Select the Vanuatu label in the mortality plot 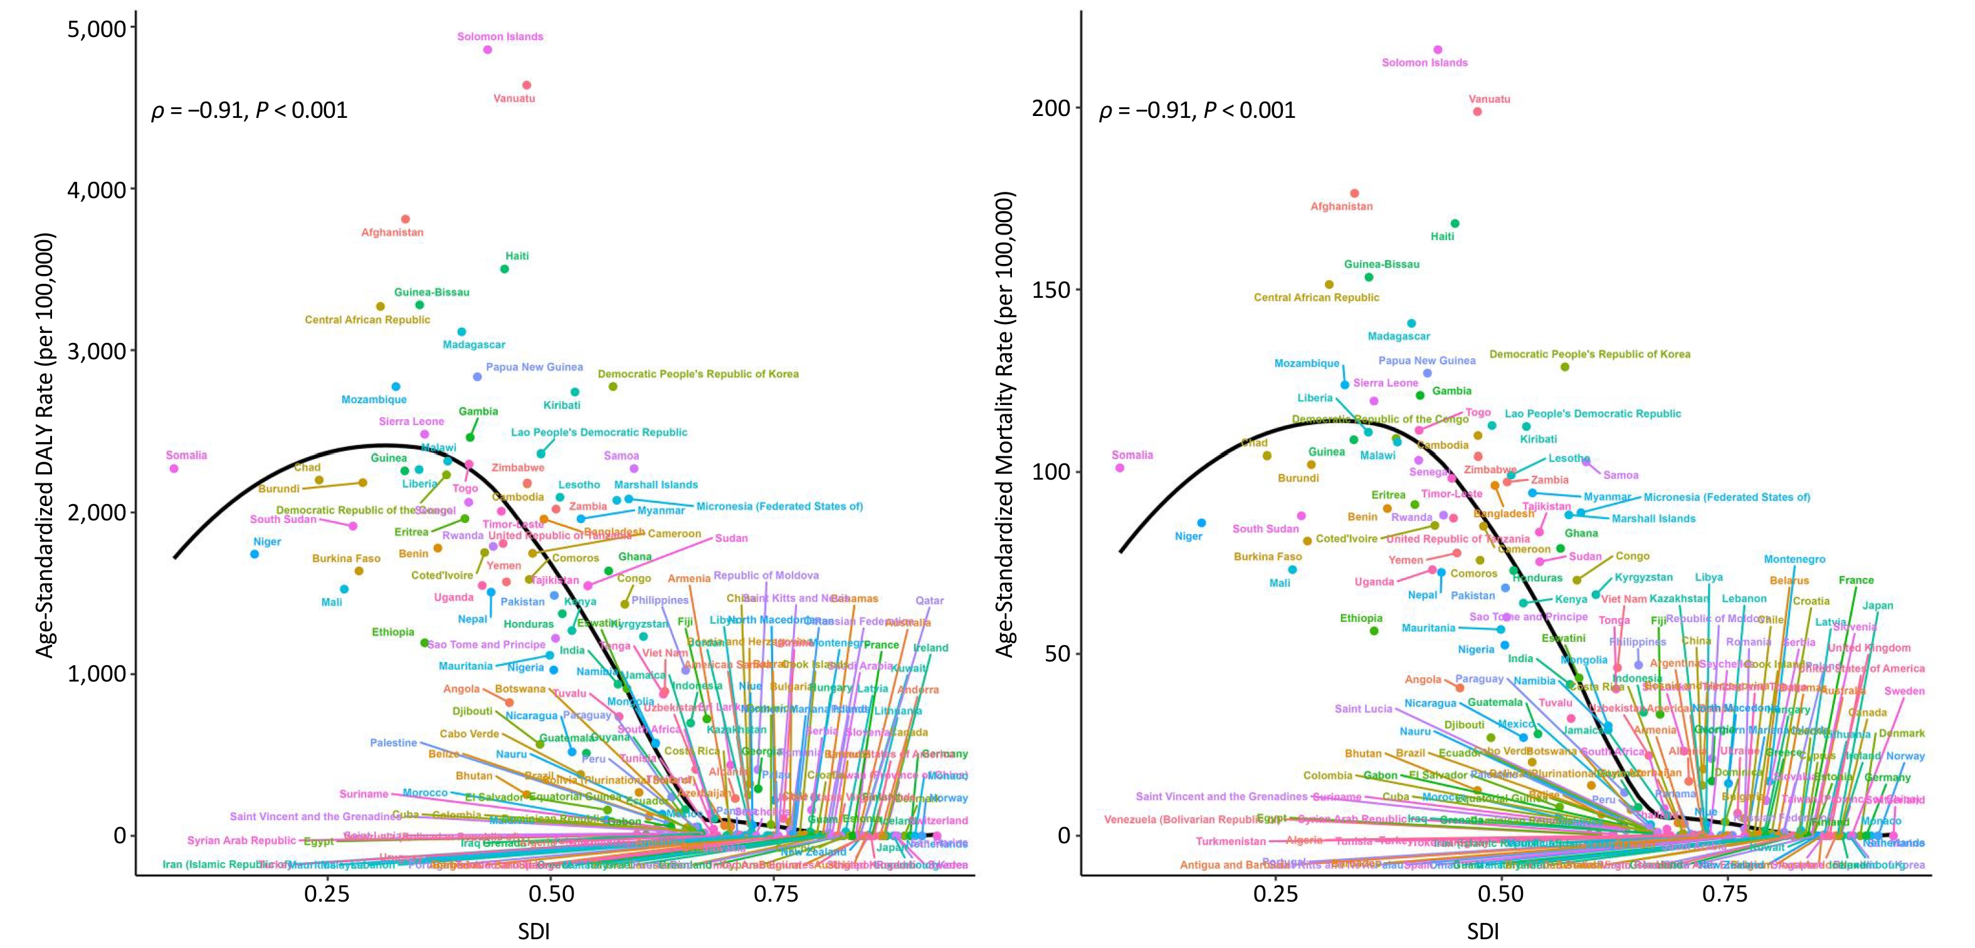click(1489, 99)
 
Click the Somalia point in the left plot click(174, 468)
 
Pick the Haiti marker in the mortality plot click(1455, 224)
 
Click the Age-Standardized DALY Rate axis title click(45, 446)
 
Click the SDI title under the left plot click(534, 931)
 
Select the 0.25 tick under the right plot click(1277, 894)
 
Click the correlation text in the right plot click(1197, 110)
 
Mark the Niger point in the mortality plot click(1201, 523)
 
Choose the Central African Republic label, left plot click(367, 320)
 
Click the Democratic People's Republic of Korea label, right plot click(1589, 354)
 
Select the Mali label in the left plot click(331, 602)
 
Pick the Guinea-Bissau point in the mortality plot click(1369, 278)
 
